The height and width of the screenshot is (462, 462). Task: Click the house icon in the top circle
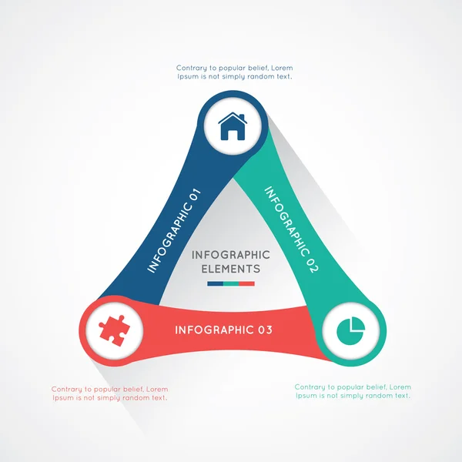(233, 126)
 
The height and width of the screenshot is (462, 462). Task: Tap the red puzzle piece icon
(114, 330)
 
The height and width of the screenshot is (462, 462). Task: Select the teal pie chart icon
(350, 331)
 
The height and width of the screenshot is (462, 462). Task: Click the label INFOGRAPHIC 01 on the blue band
(174, 231)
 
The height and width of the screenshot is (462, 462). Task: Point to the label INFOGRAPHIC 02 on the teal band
(291, 229)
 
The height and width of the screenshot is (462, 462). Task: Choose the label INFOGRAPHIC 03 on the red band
(223, 330)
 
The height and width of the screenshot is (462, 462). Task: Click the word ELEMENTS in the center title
(231, 269)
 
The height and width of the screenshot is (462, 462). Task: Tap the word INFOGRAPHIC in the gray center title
(231, 255)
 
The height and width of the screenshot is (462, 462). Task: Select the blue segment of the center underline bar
(216, 283)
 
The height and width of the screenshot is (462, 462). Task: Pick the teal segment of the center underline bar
(231, 283)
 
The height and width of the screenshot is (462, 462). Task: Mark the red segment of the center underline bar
(246, 283)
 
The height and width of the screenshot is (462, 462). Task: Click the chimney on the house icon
(242, 117)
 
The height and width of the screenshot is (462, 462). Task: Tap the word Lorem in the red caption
(157, 389)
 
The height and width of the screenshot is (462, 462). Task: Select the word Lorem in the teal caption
(400, 387)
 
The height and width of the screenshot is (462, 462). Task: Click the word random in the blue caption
(261, 76)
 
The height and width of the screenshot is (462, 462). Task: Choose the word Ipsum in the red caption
(63, 398)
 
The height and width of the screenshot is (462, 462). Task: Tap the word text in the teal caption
(403, 396)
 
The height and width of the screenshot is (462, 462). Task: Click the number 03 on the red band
(266, 330)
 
